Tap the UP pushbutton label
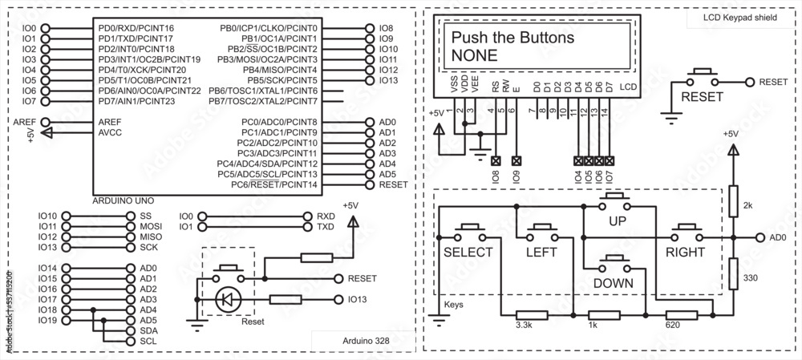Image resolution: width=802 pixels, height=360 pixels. coord(617,220)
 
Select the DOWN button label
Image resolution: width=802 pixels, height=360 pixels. coord(614,283)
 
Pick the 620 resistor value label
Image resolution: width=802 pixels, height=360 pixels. coord(673,326)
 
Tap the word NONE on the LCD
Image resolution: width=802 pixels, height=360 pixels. coord(475,55)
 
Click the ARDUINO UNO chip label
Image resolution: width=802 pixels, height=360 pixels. coord(124,199)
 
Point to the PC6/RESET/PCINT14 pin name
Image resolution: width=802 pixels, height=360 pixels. coord(274,184)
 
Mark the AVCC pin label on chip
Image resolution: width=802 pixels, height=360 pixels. coord(109,132)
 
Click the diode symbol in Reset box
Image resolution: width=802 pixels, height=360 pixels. coord(228,300)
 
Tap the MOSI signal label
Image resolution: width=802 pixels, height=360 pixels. coord(151,227)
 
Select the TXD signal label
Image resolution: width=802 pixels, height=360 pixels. coord(326,227)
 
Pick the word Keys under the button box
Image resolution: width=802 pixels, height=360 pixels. coord(454,305)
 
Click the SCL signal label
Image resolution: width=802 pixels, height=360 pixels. coord(148,341)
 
